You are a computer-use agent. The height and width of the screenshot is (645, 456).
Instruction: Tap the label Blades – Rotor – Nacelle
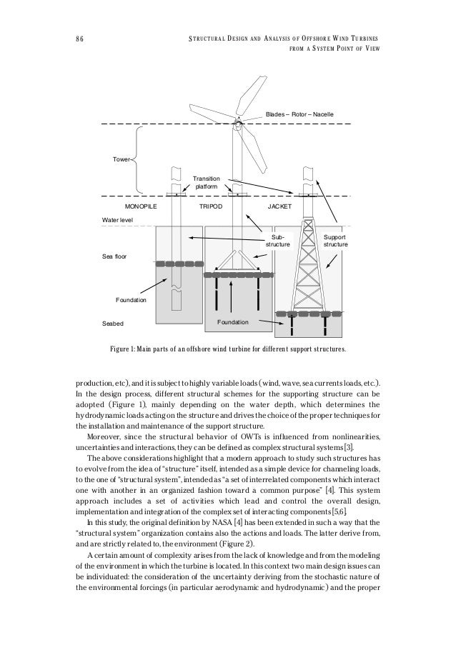(299, 114)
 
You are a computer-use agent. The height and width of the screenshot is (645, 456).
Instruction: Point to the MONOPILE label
(141, 205)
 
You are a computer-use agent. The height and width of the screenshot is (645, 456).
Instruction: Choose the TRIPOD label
(211, 205)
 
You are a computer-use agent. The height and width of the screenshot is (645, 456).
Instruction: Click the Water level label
(117, 221)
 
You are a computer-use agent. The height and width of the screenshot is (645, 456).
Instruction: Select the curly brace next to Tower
(142, 161)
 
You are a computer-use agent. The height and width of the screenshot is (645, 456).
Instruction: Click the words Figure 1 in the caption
(125, 351)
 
